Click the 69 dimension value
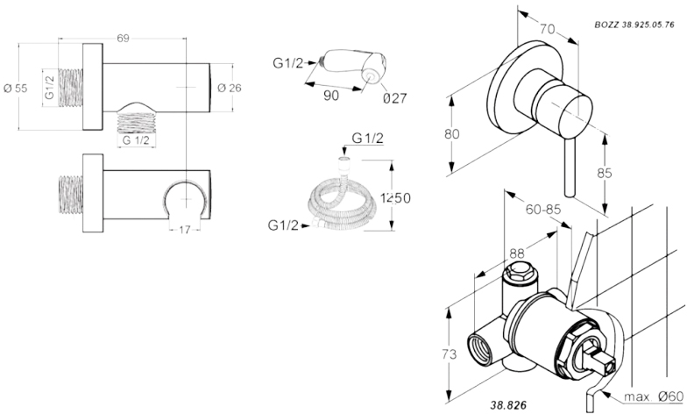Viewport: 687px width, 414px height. (x=123, y=39)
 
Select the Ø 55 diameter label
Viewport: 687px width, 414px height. (x=16, y=88)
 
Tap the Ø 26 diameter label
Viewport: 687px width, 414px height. (x=230, y=88)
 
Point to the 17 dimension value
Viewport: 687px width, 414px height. (x=185, y=230)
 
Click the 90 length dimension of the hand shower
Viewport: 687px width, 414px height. (x=331, y=95)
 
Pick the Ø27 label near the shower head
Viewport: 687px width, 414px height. (x=394, y=98)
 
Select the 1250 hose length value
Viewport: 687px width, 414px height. (x=395, y=198)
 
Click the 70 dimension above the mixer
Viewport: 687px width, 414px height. (x=547, y=29)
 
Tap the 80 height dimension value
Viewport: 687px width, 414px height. (x=452, y=133)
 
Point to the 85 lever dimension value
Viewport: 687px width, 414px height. (x=605, y=174)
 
